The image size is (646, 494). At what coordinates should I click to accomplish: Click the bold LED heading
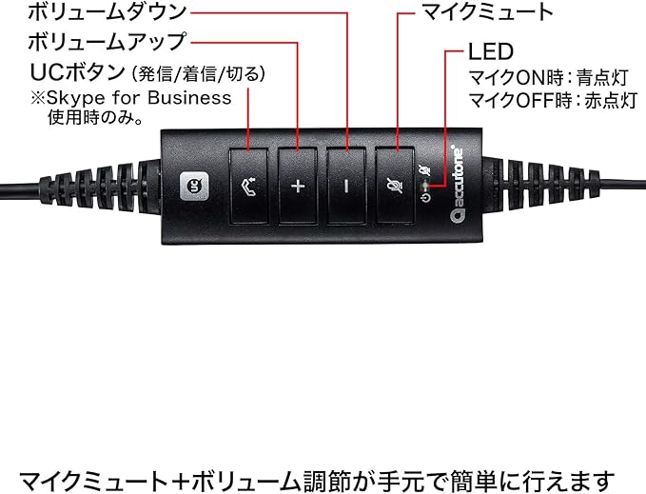[490, 50]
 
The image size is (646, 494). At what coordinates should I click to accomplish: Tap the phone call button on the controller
[248, 186]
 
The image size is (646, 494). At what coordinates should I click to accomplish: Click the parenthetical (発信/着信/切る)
[200, 73]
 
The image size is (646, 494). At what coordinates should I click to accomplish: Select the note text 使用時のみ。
[95, 119]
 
